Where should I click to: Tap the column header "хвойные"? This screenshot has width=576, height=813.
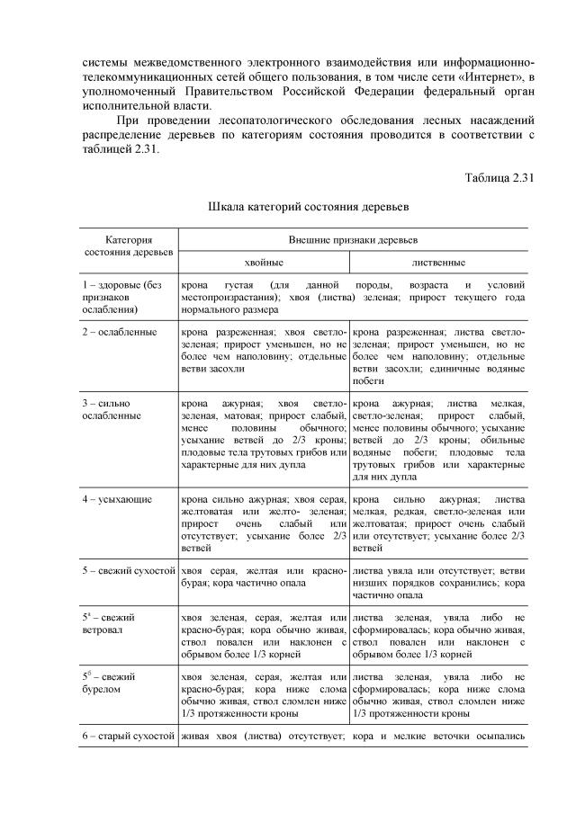point(264,263)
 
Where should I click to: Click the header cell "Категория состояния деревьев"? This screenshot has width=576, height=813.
point(127,247)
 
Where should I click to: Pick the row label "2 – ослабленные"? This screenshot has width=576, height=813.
point(120,332)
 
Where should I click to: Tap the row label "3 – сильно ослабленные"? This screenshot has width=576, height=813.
point(112,409)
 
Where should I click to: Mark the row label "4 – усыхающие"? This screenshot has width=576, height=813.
point(117,498)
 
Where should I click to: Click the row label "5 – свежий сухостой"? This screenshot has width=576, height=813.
point(127,571)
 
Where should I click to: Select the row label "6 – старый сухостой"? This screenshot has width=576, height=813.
point(127,737)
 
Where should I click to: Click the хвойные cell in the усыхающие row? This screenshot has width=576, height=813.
point(264,523)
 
